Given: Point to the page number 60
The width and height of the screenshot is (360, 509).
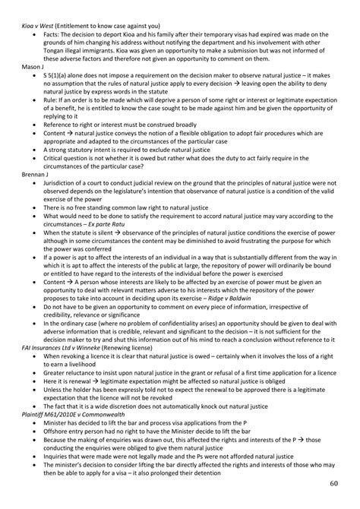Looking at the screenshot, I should tap(335, 483).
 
